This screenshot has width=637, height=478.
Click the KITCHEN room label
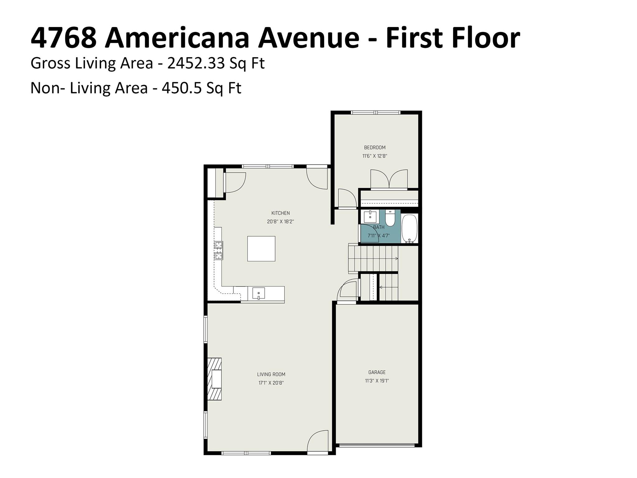pyautogui.click(x=281, y=213)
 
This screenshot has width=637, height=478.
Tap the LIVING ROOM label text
pyautogui.click(x=271, y=374)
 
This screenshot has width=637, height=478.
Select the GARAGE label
pyautogui.click(x=377, y=372)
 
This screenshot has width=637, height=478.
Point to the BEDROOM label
pyautogui.click(x=375, y=148)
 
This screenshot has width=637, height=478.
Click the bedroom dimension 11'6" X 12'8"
pyautogui.click(x=375, y=156)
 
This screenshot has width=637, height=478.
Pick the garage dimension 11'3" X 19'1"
pyautogui.click(x=377, y=381)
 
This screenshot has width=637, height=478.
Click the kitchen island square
pyautogui.click(x=261, y=249)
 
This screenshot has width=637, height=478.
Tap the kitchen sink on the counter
pyautogui.click(x=259, y=293)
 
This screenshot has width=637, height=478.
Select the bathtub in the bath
pyautogui.click(x=409, y=228)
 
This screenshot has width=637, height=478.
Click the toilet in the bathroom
pyautogui.click(x=390, y=218)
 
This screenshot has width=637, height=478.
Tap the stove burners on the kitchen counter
pyautogui.click(x=219, y=251)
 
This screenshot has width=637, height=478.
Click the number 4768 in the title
pyautogui.click(x=64, y=38)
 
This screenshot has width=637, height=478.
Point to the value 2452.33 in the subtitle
pyautogui.click(x=196, y=63)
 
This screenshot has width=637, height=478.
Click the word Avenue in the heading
pyautogui.click(x=309, y=38)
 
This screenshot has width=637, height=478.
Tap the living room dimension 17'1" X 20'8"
pyautogui.click(x=271, y=383)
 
